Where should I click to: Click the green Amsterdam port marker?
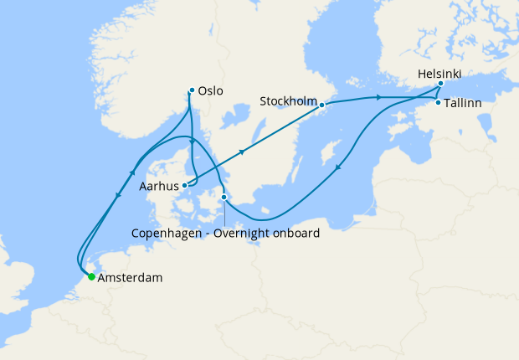tap(91, 276)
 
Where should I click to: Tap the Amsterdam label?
tap(130, 277)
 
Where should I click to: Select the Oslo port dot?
tap(192, 90)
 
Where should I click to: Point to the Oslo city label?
tap(212, 91)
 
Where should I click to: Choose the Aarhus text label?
tap(160, 187)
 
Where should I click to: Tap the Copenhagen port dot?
tap(224, 198)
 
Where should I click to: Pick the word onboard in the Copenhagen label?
tap(300, 234)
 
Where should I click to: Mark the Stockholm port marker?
tap(321, 105)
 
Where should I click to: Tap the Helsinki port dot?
tap(440, 84)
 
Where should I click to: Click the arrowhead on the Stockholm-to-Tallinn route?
tap(379, 99)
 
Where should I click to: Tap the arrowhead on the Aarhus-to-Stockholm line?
tap(243, 152)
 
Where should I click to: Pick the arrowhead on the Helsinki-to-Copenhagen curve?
tap(337, 169)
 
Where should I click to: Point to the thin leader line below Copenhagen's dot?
tap(224, 213)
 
